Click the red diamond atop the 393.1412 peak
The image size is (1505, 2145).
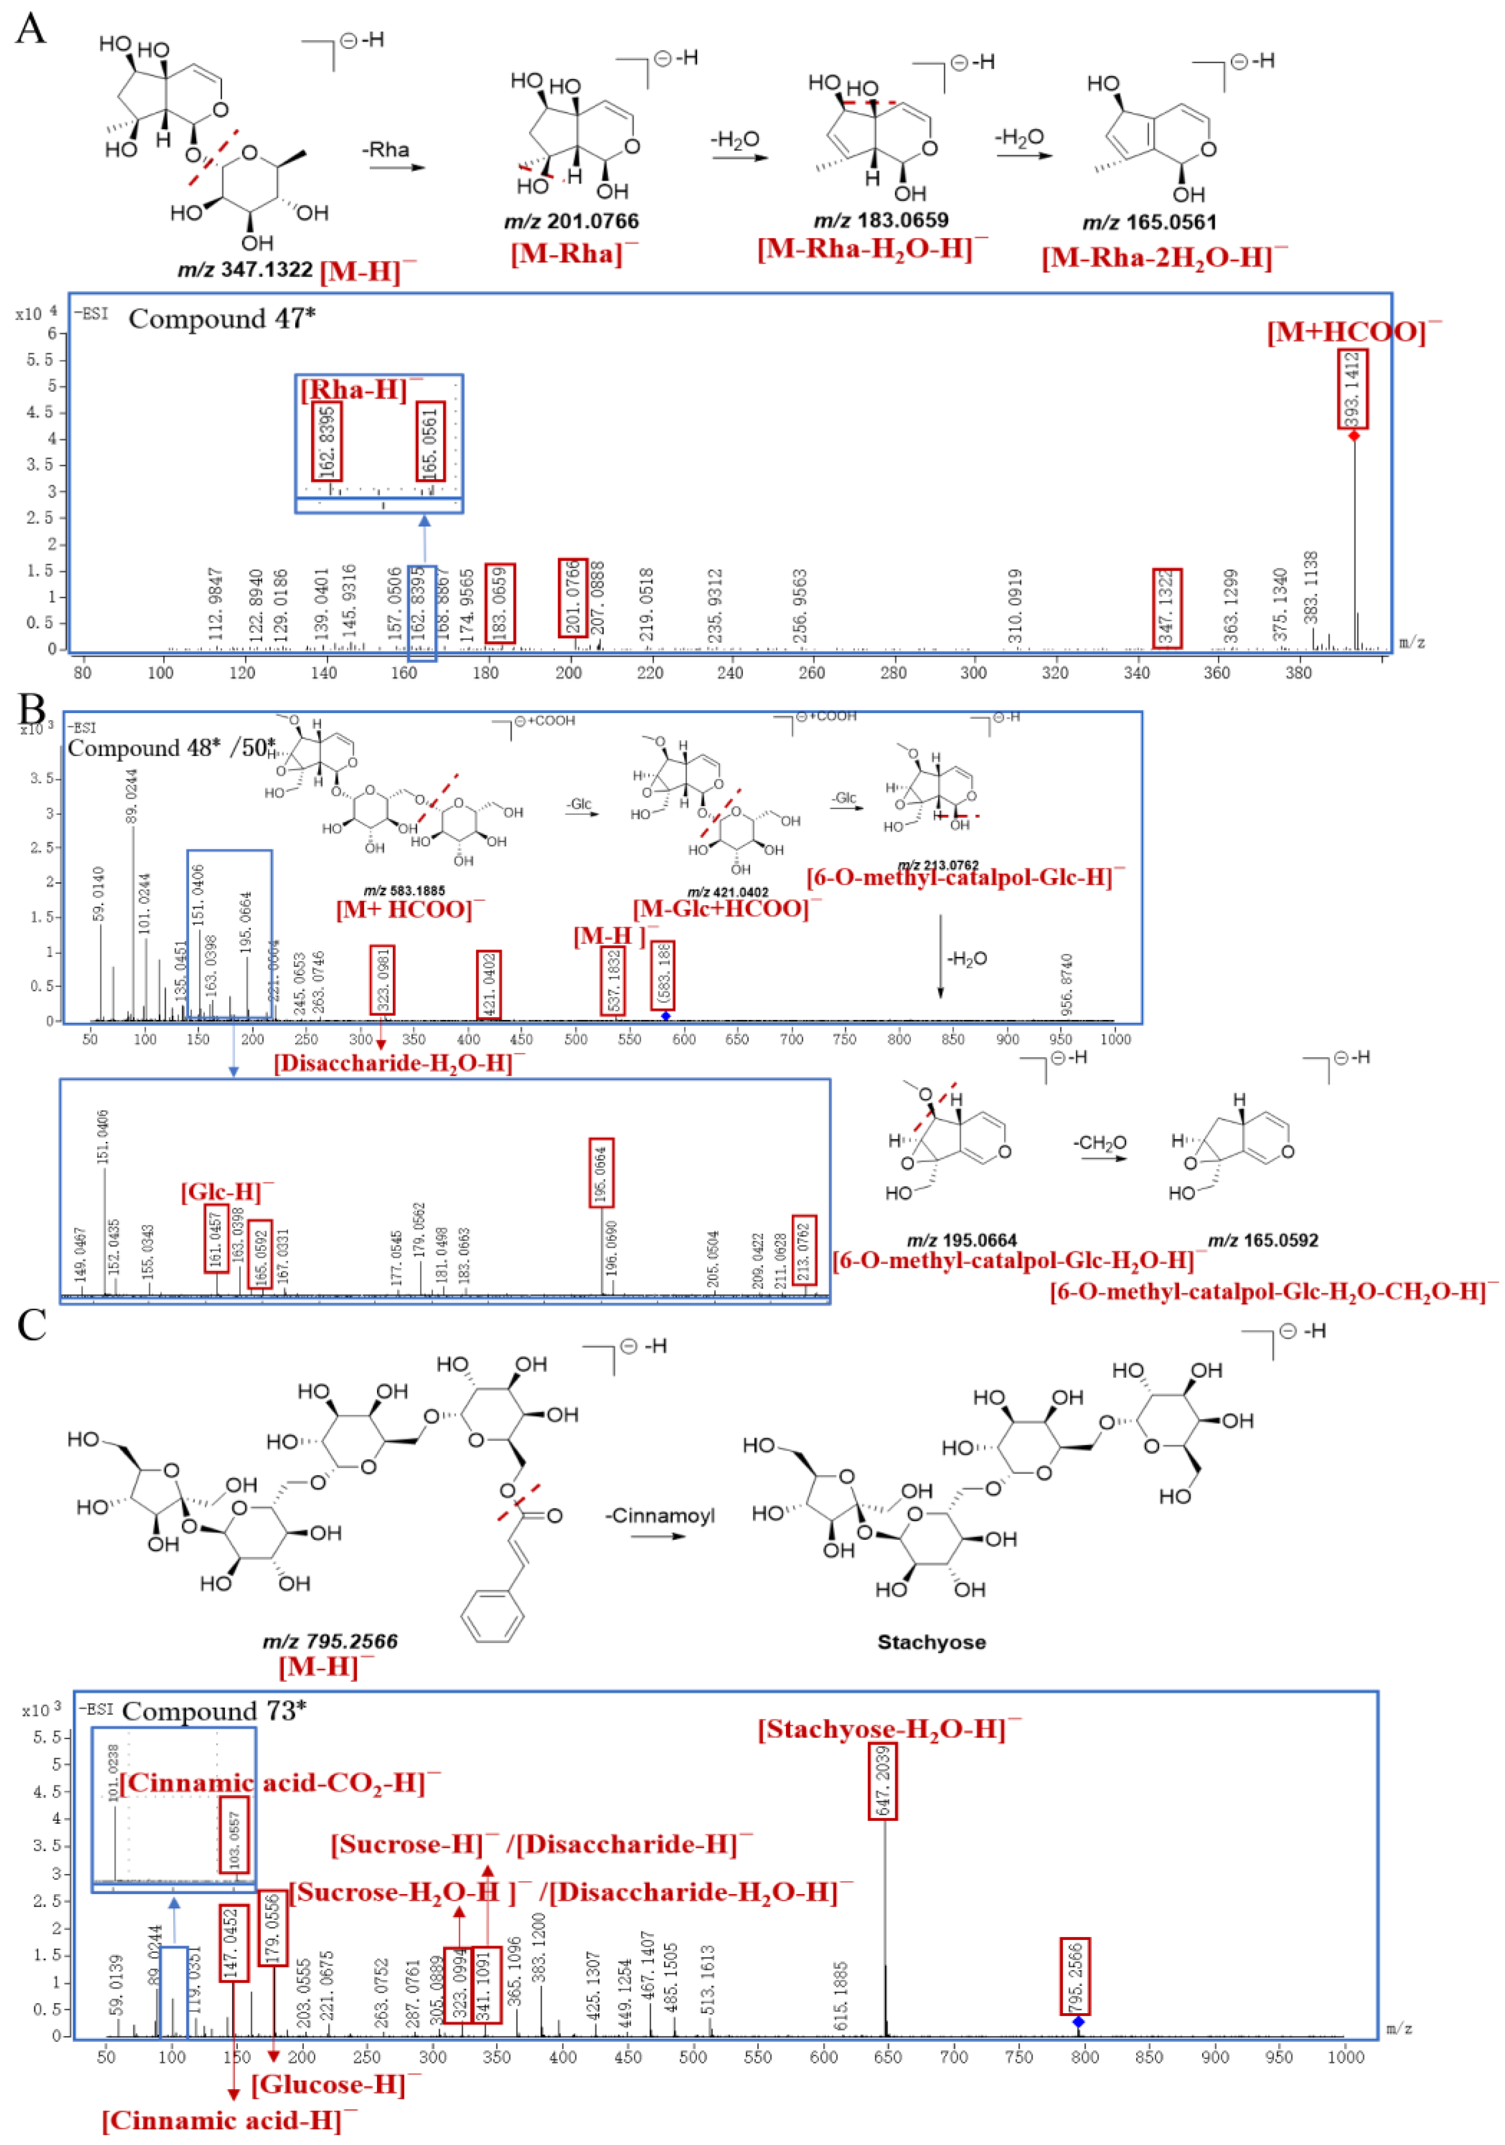(x=1354, y=435)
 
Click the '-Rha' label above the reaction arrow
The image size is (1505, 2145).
(x=386, y=150)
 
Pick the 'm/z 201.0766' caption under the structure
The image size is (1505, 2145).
(x=572, y=221)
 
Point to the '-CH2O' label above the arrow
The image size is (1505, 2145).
(x=1099, y=1143)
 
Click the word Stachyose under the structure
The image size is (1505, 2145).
(x=931, y=1642)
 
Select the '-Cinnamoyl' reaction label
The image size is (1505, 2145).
(x=659, y=1516)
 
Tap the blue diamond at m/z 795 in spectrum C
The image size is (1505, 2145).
(x=1078, y=2022)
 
